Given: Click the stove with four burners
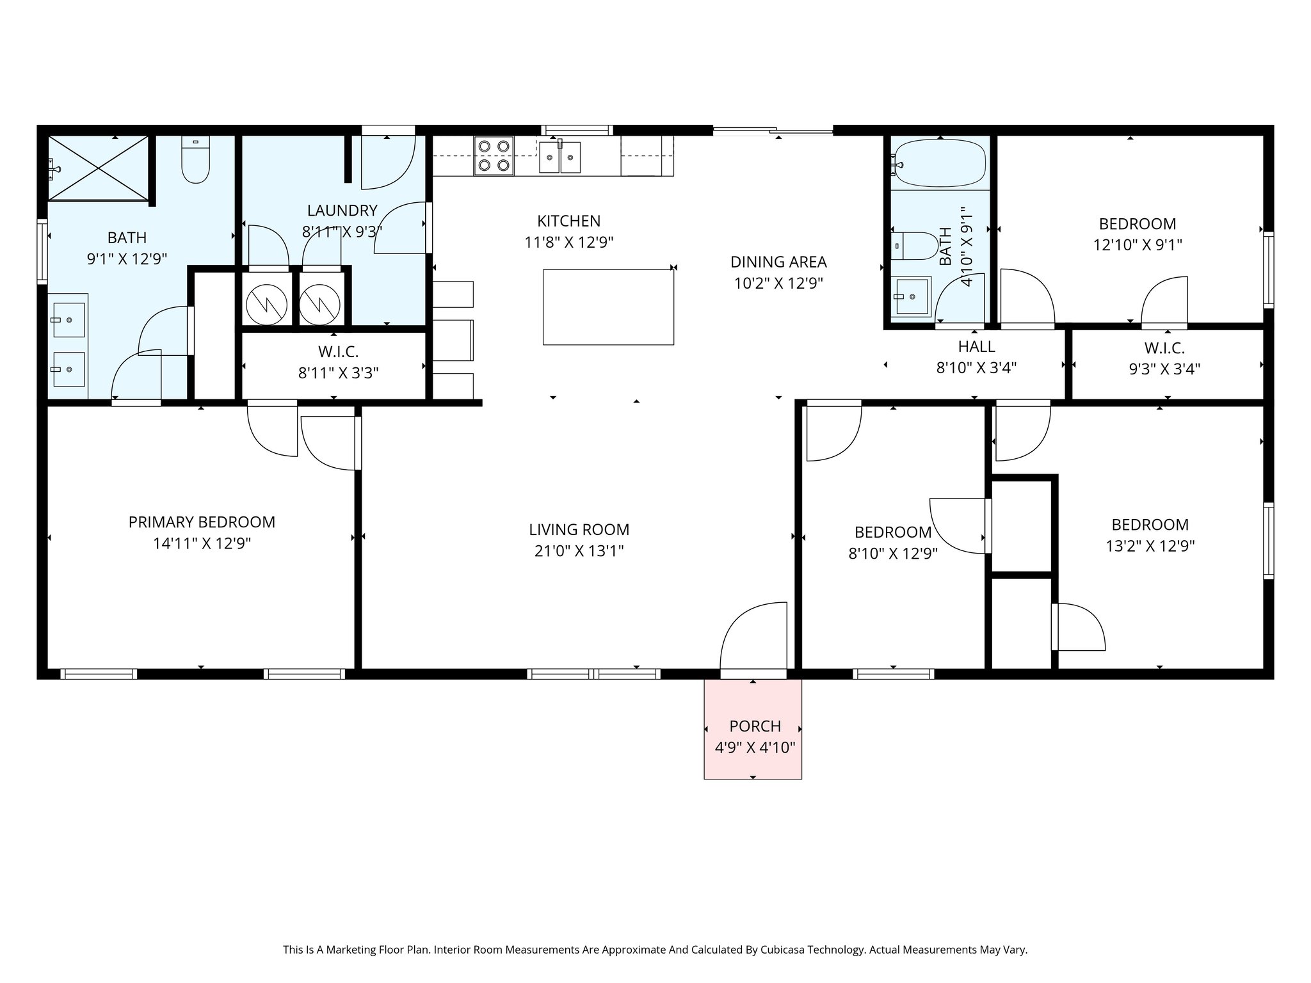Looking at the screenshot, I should click(494, 156).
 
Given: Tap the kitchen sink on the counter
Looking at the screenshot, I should click(559, 157).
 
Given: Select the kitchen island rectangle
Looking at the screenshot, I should click(608, 307).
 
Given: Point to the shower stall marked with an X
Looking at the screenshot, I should click(99, 168).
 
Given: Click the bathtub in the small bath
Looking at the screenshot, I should click(940, 164).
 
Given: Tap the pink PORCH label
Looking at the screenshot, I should click(755, 726).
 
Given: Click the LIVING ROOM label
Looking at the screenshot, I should click(579, 530).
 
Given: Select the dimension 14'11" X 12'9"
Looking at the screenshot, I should click(202, 544).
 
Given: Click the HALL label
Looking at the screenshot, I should click(976, 347).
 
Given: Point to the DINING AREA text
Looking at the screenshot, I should click(778, 262).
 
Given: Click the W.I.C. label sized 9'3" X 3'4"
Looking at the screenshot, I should click(1164, 348).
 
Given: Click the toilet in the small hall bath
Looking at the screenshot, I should click(913, 246).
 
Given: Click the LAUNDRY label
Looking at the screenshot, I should click(342, 211).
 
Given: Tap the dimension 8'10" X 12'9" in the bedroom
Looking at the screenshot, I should click(893, 554).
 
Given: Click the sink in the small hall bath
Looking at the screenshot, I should click(912, 297).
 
